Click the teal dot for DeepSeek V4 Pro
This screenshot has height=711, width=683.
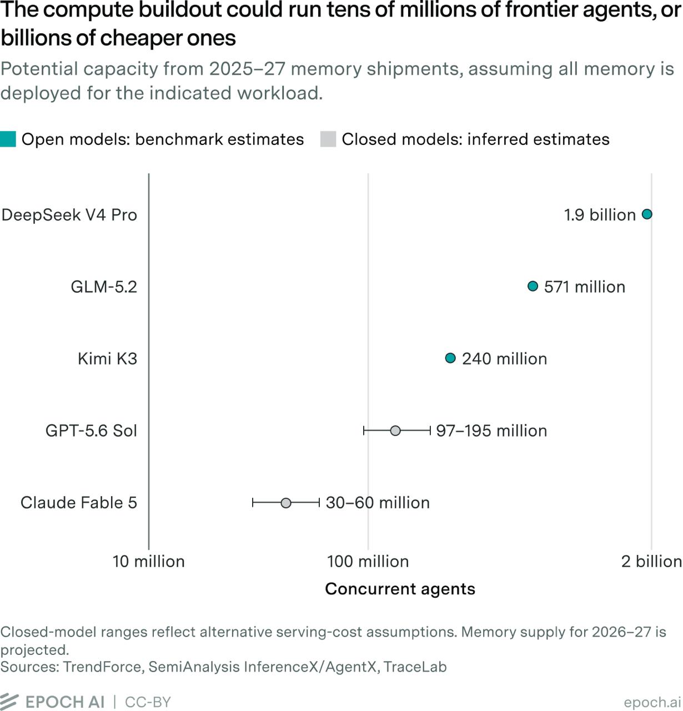click(x=647, y=214)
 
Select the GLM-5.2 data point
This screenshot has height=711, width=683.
click(x=533, y=286)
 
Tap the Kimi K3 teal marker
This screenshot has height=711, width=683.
click(x=450, y=358)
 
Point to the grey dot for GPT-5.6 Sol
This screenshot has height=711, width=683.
click(x=395, y=430)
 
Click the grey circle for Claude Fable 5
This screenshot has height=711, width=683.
click(x=286, y=503)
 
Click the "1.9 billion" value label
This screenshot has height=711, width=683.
click(x=600, y=215)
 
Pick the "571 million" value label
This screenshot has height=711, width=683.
click(x=584, y=287)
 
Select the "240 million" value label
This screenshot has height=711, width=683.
click(x=504, y=359)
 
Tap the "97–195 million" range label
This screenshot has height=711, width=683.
click(x=491, y=430)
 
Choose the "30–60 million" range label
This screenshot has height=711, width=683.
click(x=378, y=503)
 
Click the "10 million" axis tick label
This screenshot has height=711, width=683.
click(x=149, y=562)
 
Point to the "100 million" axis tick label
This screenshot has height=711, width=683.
click(x=368, y=562)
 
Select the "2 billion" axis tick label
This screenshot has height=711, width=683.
click(x=651, y=562)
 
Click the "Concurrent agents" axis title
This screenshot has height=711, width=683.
click(x=400, y=589)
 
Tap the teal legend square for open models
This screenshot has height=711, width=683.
click(x=8, y=139)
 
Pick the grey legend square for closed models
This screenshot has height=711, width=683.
click(x=328, y=139)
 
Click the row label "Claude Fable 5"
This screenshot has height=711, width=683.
click(x=79, y=503)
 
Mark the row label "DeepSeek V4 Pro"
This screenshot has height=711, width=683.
click(x=69, y=215)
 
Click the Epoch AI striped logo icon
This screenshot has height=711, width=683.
click(x=9, y=702)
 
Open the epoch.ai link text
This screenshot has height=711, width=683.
click(x=652, y=702)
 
